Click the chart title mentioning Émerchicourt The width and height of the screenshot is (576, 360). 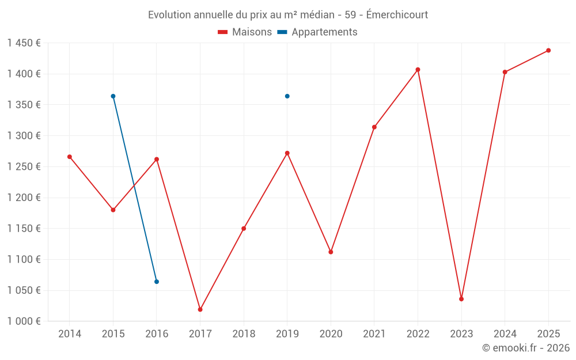288,15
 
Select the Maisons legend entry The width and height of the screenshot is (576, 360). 245,32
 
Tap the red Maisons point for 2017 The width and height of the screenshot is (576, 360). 200,309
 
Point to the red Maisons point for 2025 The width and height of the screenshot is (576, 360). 548,51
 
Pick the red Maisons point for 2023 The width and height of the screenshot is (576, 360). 461,299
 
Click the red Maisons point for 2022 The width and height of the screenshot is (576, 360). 418,70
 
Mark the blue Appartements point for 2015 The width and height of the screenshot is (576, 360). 113,96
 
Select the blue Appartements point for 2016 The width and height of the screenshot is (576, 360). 157,282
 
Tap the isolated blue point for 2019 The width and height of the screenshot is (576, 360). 287,96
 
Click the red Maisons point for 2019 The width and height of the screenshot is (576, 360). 287,153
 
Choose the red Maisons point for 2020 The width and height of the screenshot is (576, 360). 331,252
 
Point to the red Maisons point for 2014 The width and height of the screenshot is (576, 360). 70,157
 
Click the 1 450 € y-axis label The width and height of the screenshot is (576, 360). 24,43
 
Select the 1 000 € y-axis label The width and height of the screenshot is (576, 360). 24,321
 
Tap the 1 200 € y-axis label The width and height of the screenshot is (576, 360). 24,198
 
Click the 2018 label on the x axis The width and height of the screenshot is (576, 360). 244,334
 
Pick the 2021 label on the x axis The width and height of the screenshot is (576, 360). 374,334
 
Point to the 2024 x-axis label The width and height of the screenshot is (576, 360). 505,334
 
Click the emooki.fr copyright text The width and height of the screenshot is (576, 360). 526,348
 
